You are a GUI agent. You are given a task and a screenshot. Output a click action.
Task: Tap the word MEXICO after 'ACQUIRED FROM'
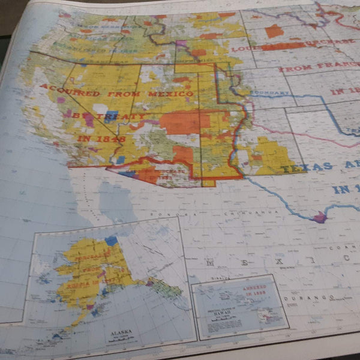pos(172,94)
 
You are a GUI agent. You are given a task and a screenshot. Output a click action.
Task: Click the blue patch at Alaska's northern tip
pos(111,241)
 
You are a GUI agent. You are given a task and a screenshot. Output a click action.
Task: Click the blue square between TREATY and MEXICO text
pos(109,115)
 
